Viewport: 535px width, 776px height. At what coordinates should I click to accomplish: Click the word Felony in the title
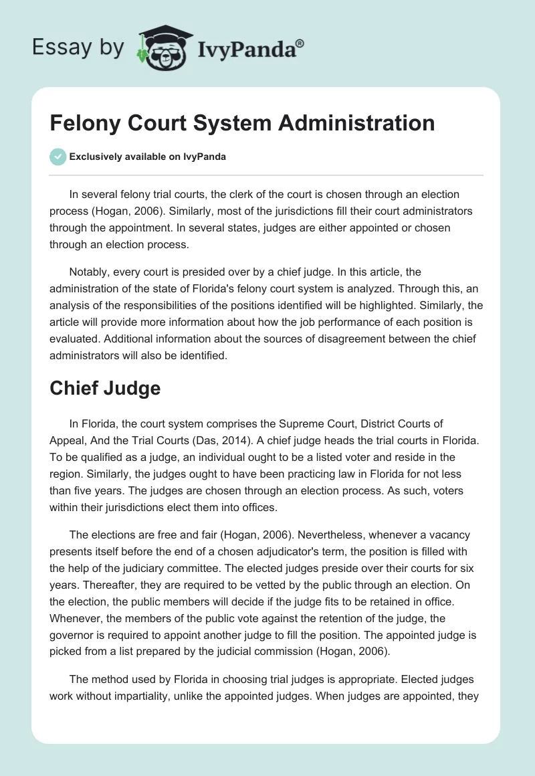(x=82, y=123)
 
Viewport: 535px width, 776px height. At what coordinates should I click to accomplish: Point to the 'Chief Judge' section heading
(x=105, y=388)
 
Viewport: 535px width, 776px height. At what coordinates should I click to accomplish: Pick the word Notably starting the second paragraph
(x=91, y=271)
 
